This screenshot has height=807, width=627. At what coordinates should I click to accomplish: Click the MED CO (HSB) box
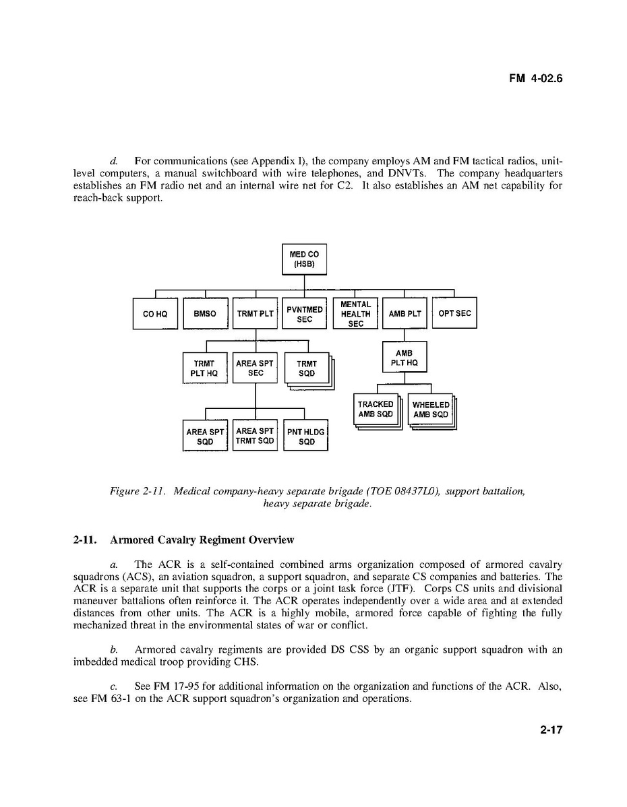(304, 259)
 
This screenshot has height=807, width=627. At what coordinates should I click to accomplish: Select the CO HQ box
(155, 314)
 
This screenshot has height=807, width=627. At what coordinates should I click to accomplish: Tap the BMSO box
(205, 314)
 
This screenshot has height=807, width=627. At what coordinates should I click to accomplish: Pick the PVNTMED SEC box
(305, 314)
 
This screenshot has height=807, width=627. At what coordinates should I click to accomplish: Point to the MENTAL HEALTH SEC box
(355, 314)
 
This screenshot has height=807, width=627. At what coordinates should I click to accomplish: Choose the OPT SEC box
(454, 313)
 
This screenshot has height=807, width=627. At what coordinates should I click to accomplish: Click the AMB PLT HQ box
(405, 358)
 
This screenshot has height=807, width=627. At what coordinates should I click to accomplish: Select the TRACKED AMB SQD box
(376, 410)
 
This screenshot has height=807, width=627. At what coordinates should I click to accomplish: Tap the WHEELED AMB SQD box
(430, 410)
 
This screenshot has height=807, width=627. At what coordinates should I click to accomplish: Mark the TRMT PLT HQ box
(204, 368)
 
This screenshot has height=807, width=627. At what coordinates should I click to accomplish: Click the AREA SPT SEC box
(255, 368)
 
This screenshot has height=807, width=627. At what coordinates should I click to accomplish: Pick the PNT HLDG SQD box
(306, 437)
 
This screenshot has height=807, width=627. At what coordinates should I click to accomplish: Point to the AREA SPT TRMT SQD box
(255, 436)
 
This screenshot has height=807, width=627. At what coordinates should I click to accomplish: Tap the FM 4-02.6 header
(535, 79)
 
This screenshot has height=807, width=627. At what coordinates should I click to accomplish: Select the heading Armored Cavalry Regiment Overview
(202, 540)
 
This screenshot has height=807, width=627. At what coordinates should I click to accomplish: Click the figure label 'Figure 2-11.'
(138, 492)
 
